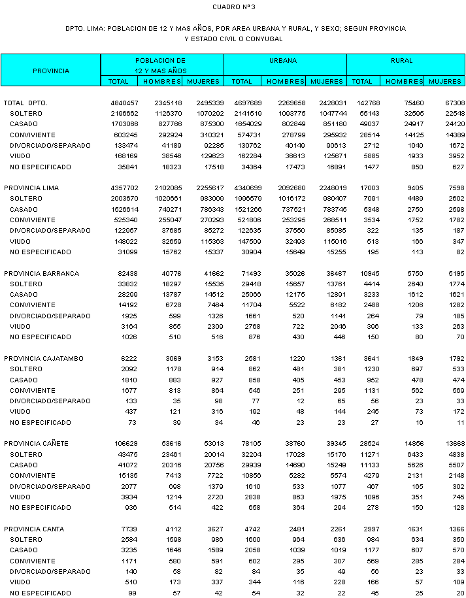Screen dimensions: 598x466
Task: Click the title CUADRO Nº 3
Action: click(233, 7)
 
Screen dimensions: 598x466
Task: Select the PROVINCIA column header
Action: click(50, 71)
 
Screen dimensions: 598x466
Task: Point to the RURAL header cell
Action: click(402, 61)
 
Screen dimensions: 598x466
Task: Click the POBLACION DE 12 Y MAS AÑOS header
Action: click(161, 65)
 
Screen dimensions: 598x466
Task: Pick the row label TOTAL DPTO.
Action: click(26, 103)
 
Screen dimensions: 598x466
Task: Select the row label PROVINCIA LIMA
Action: click(31, 188)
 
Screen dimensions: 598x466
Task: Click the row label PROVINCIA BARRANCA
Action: click(41, 273)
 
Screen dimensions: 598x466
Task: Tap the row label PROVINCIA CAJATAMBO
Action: click(43, 358)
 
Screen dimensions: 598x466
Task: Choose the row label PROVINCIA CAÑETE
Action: click(38, 443)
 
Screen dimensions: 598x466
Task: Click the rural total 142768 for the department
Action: click(367, 103)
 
